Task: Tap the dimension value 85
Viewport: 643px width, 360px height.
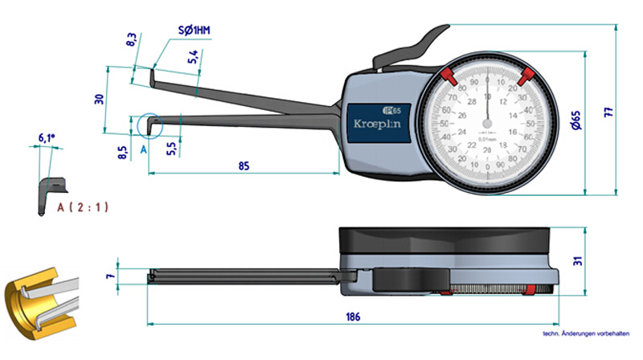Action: pyautogui.click(x=244, y=166)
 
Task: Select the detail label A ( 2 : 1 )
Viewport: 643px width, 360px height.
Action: pyautogui.click(x=83, y=207)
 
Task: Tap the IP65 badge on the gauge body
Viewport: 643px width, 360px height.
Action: pyautogui.click(x=390, y=109)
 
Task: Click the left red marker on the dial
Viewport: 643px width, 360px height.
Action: pyautogui.click(x=448, y=76)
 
